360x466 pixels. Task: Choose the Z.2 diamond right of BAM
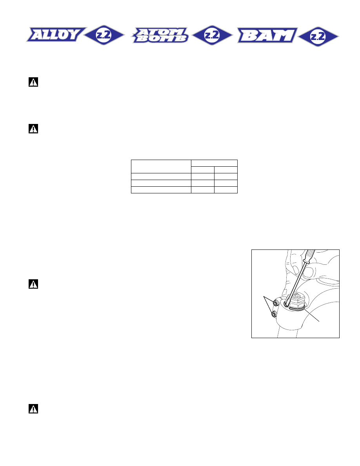(x=318, y=36)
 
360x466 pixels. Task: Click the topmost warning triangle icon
(x=33, y=82)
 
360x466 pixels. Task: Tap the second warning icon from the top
(x=33, y=129)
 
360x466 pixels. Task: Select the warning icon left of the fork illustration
(x=33, y=284)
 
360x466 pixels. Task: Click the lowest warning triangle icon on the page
(x=33, y=409)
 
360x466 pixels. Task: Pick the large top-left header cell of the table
(x=161, y=166)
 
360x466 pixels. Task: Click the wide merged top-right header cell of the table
(x=214, y=163)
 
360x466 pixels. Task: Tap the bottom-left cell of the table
(x=161, y=190)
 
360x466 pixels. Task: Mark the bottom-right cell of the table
(x=226, y=190)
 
